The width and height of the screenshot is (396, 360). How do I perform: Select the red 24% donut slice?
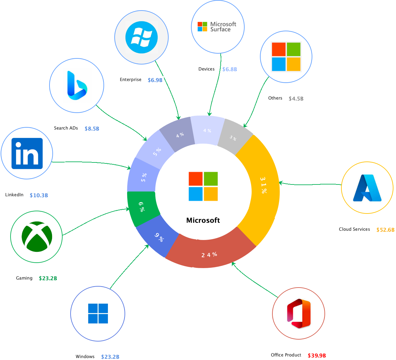point(209,254)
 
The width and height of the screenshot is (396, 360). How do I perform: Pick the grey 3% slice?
point(234,138)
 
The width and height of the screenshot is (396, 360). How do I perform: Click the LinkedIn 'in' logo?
point(27,154)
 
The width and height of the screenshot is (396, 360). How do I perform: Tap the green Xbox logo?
point(37,237)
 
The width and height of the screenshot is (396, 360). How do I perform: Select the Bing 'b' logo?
point(77,85)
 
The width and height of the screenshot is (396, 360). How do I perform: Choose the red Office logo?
point(299,313)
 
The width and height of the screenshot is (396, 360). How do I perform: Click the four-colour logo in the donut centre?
point(203,186)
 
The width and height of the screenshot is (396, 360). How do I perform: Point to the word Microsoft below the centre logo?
point(203,220)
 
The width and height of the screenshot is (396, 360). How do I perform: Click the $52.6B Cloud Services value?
point(385,230)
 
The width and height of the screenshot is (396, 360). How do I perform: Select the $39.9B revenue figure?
point(317,356)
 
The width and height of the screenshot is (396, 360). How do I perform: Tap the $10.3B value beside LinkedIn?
point(39,195)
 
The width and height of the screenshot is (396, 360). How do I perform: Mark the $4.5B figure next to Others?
point(296,99)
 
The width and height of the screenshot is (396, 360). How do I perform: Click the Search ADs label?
point(66,128)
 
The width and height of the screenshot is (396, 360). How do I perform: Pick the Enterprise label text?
point(131,79)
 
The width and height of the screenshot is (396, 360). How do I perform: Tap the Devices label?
point(206,69)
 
